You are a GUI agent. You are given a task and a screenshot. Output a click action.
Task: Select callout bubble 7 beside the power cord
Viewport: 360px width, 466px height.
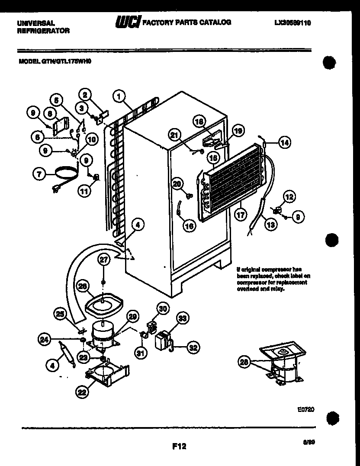[40, 174]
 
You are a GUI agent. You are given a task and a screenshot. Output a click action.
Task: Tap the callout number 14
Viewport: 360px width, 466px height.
[284, 142]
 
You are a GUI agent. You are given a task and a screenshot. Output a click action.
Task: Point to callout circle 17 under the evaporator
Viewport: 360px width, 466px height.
[241, 214]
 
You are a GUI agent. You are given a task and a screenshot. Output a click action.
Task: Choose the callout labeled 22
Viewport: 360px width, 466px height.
[81, 392]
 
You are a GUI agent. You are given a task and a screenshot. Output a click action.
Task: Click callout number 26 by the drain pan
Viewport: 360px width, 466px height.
[83, 286]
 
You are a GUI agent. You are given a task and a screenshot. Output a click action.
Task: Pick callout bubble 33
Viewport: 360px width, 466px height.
[182, 319]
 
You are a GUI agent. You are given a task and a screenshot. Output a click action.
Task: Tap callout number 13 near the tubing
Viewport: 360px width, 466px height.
[270, 224]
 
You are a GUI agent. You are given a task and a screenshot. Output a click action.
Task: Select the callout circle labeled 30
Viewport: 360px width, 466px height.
[162, 309]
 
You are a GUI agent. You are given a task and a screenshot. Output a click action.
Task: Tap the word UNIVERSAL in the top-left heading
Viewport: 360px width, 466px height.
[36, 23]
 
